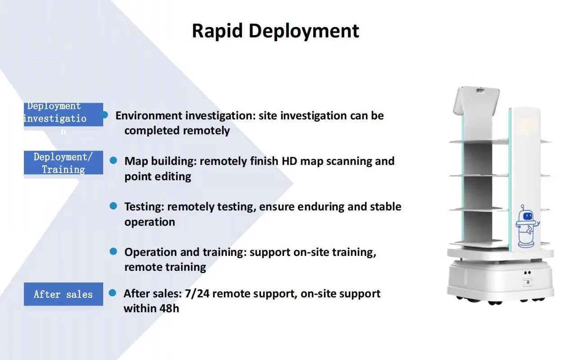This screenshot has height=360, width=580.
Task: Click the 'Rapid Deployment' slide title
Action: (x=275, y=31)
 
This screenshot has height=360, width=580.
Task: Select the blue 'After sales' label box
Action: (x=63, y=294)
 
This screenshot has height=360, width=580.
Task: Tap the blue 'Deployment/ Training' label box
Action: (x=63, y=163)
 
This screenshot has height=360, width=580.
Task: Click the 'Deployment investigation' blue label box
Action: (x=63, y=114)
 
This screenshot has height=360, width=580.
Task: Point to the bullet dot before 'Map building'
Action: (x=114, y=160)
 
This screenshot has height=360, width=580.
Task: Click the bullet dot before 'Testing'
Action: (x=114, y=206)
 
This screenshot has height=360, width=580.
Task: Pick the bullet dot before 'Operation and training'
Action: (x=114, y=251)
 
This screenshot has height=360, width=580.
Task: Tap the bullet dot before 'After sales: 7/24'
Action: (x=113, y=293)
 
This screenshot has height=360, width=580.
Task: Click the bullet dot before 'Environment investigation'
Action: (x=105, y=115)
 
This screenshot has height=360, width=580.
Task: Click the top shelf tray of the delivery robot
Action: (x=479, y=141)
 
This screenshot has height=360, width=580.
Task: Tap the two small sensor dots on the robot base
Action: (x=526, y=273)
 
